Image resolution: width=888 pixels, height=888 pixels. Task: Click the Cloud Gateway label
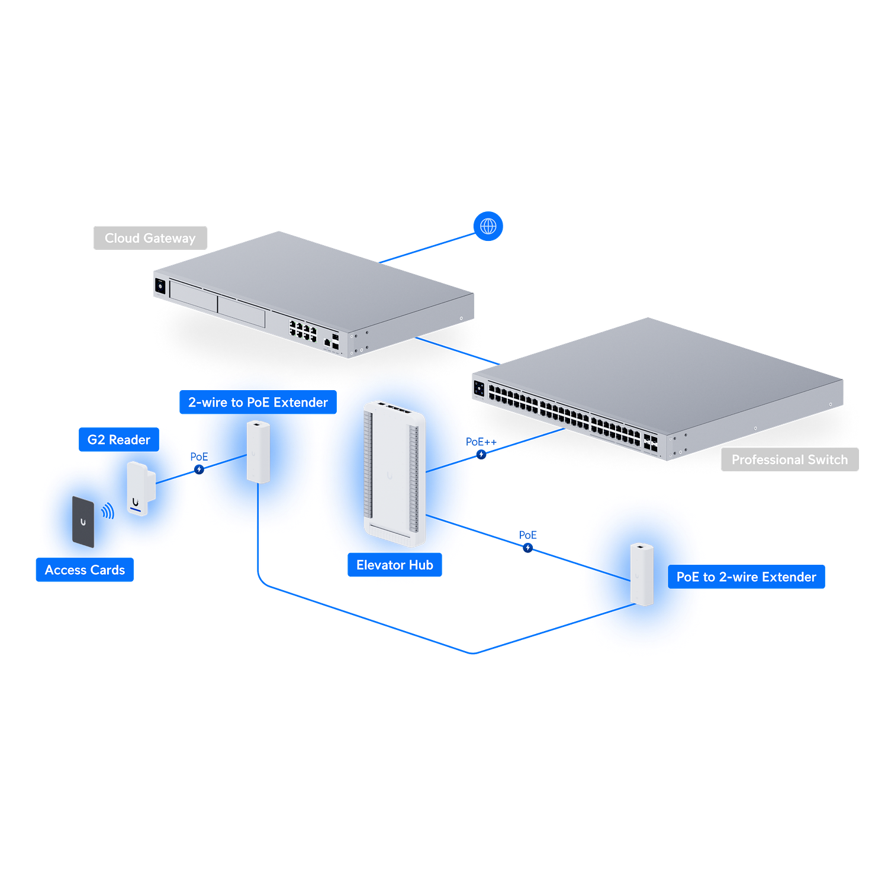click(150, 238)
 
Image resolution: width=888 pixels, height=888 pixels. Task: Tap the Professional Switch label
click(789, 460)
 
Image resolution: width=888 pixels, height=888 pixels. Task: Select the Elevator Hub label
click(394, 565)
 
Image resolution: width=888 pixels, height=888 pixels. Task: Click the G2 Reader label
click(119, 440)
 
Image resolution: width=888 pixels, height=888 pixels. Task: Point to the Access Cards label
click(85, 570)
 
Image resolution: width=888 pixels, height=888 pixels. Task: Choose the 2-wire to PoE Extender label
click(258, 403)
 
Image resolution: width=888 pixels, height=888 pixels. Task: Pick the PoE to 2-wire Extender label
click(746, 577)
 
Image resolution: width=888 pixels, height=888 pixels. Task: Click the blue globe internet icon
click(488, 226)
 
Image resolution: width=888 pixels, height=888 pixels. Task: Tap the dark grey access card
click(83, 522)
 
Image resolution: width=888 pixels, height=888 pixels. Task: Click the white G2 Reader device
click(140, 488)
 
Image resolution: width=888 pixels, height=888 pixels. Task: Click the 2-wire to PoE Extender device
click(258, 452)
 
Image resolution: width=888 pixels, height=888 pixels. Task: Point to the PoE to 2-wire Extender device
click(641, 574)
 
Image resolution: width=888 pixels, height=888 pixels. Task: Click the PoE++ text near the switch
click(481, 442)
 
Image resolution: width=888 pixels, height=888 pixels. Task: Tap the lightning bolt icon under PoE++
click(481, 455)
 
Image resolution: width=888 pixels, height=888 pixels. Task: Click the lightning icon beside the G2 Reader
click(199, 469)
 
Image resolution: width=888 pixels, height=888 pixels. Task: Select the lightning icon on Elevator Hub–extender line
click(527, 548)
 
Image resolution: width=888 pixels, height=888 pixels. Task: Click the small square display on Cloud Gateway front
click(160, 287)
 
